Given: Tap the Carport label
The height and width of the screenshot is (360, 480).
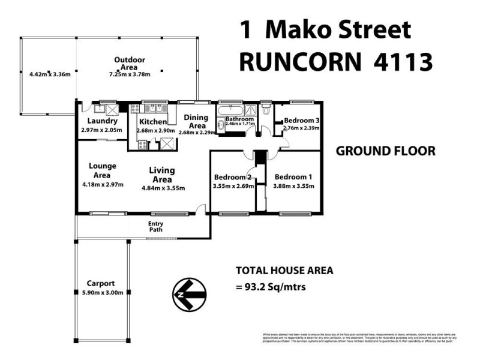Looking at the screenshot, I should (x=101, y=283).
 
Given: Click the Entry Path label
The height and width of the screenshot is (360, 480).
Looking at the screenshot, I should (x=155, y=227).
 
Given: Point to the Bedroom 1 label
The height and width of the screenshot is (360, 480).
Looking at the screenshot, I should (x=293, y=177).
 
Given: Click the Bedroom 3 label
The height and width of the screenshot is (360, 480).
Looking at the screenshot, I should (x=301, y=120).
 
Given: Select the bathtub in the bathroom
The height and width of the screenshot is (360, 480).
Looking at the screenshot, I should (x=230, y=110).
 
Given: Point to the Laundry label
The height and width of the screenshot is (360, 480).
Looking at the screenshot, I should (x=101, y=121).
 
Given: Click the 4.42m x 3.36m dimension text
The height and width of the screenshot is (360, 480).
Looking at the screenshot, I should (x=50, y=74).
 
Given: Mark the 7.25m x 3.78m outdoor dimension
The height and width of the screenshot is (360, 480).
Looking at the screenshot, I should (x=130, y=74).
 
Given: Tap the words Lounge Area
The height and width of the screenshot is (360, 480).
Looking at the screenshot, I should (x=103, y=170).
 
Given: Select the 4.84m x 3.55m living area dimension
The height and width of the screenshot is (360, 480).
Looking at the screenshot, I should (x=163, y=188).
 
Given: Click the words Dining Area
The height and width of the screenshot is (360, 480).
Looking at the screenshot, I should (x=196, y=121).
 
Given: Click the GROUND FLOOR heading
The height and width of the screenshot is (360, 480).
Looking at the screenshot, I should (x=385, y=151).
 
